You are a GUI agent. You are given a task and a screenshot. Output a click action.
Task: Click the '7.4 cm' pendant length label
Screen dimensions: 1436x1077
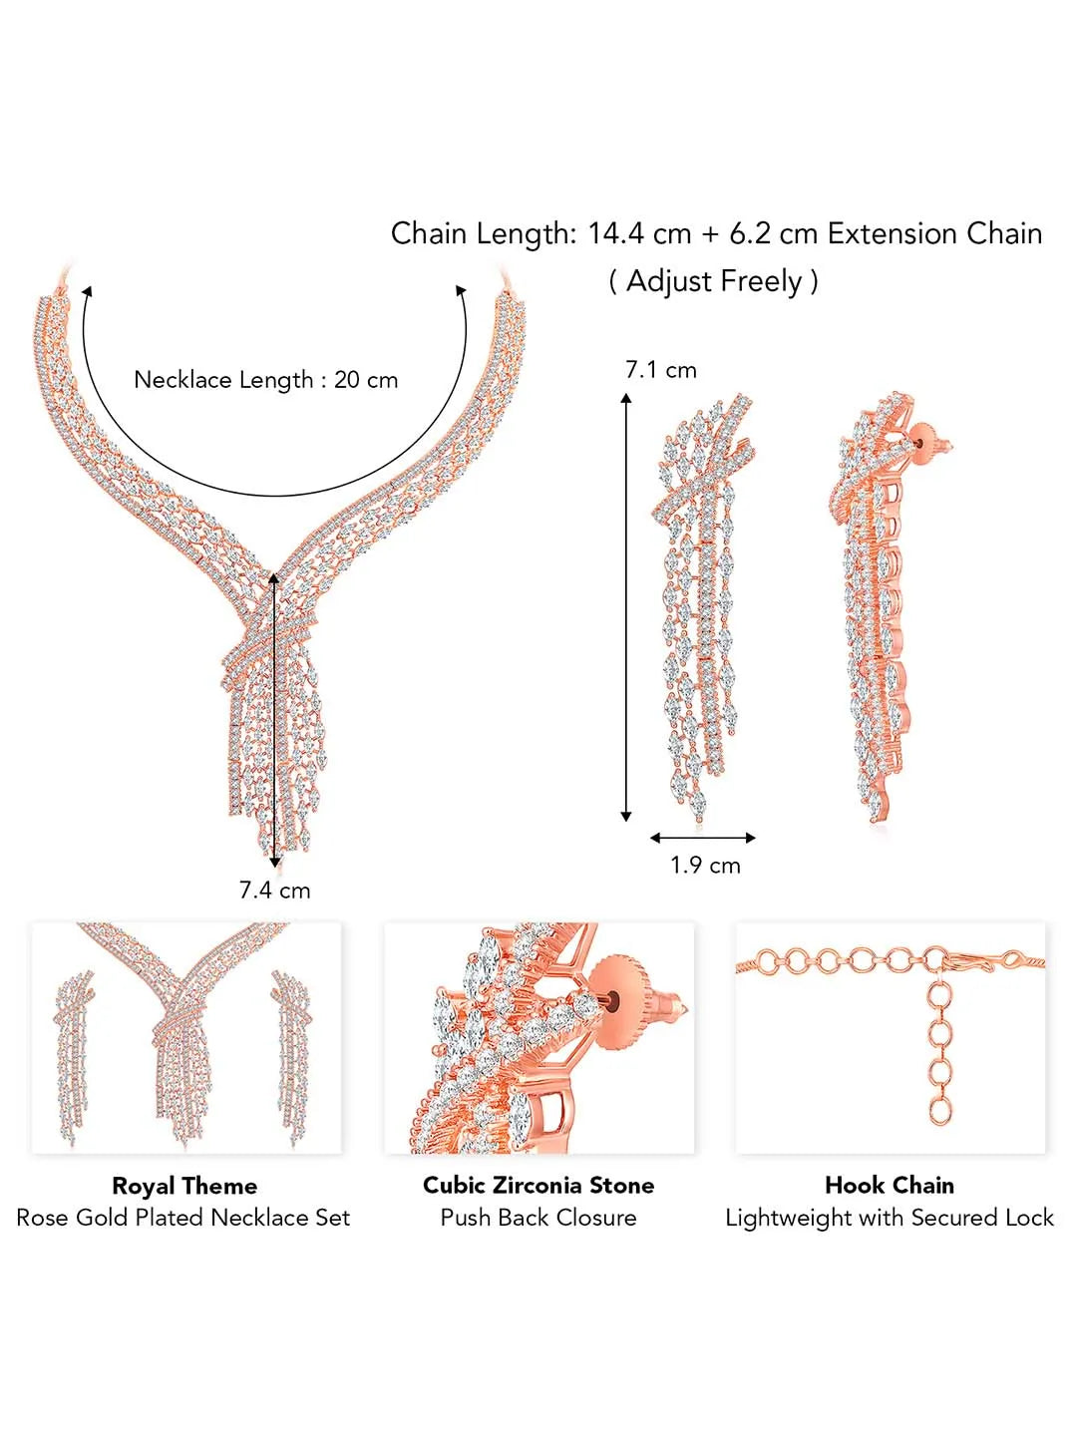click(x=274, y=890)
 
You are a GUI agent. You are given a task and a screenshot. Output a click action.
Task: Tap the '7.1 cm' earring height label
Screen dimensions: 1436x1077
click(x=660, y=370)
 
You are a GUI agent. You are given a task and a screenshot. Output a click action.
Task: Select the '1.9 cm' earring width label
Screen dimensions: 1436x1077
click(x=705, y=865)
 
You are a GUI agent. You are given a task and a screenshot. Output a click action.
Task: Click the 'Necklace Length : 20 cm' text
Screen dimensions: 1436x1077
click(x=265, y=380)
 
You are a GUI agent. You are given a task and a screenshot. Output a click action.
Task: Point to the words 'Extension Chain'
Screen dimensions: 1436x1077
click(x=934, y=233)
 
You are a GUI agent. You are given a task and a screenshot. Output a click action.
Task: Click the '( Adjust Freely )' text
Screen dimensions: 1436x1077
click(x=713, y=281)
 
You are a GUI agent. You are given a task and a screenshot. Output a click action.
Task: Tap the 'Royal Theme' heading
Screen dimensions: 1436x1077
click(x=184, y=1186)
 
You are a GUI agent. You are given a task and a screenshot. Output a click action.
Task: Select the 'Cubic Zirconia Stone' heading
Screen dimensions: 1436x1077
click(x=538, y=1185)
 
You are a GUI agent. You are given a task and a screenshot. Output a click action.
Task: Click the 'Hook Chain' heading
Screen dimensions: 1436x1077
click(x=890, y=1185)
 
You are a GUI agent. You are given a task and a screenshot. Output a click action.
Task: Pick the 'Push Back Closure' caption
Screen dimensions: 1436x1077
click(x=538, y=1218)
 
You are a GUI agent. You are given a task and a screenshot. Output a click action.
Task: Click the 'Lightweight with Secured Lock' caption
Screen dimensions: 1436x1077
click(x=890, y=1218)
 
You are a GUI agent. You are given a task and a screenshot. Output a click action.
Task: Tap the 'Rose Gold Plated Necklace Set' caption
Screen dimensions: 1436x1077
click(x=183, y=1218)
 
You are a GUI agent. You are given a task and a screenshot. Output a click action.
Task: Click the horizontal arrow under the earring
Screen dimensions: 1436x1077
click(x=703, y=838)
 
